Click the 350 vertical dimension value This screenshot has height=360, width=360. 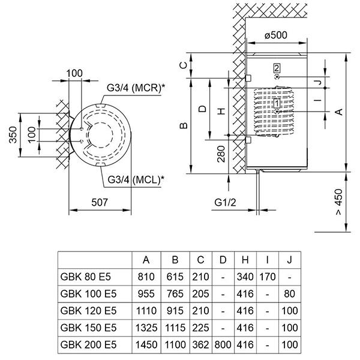(x=14, y=138)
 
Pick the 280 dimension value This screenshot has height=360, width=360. (x=221, y=157)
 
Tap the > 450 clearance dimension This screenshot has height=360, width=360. (x=340, y=203)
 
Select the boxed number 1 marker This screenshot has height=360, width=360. (x=276, y=103)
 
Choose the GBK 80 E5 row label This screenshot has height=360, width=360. (x=86, y=277)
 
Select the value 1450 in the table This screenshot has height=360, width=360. (x=146, y=345)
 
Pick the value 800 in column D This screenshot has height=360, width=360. (x=223, y=345)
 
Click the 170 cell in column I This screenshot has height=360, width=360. (x=267, y=277)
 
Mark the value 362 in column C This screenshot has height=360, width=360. (x=200, y=345)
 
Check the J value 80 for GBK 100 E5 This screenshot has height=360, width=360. (x=290, y=294)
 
